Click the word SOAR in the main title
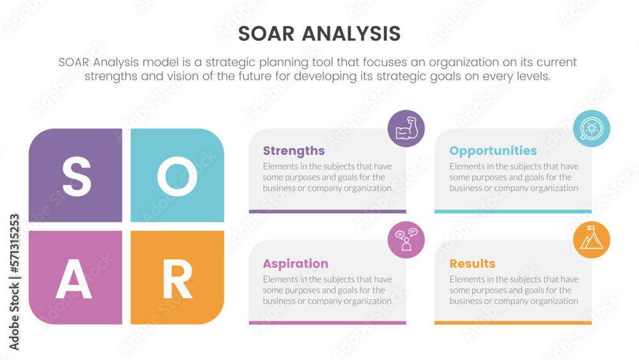click(266, 34)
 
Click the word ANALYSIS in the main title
click(351, 34)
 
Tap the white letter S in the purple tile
click(76, 176)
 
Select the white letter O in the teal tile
click(177, 176)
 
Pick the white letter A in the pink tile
click(73, 279)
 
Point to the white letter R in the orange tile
click(177, 279)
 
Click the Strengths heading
click(294, 151)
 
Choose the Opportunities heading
click(493, 151)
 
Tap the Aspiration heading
click(295, 264)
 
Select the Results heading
click(472, 264)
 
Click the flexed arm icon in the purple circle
click(406, 129)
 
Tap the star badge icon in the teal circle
click(591, 129)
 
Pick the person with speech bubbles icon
click(406, 240)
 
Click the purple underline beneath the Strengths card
click(328, 211)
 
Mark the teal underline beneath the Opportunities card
click(512, 211)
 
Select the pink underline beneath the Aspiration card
click(328, 322)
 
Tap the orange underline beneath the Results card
click(512, 322)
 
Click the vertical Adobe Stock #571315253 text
click(14, 282)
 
